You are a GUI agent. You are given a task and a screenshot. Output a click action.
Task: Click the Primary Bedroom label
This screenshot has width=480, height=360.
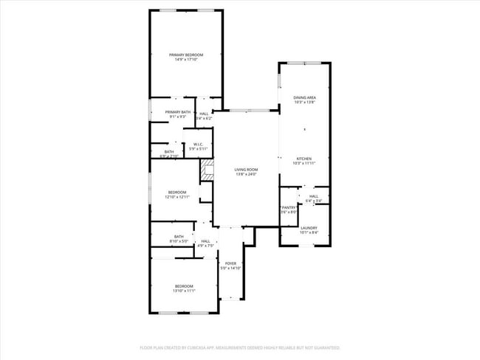(185, 55)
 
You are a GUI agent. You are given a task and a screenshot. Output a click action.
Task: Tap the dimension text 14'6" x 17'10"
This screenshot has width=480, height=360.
(185, 60)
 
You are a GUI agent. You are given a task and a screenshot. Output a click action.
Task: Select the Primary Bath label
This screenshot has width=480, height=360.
(178, 111)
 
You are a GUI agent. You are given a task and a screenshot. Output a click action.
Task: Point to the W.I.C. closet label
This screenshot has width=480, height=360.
(198, 144)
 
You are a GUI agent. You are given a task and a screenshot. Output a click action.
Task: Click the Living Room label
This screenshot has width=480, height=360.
(246, 169)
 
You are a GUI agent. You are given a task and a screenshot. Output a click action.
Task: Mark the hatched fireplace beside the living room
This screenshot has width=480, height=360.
(208, 170)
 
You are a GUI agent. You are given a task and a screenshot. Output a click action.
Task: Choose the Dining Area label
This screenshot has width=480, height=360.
(304, 97)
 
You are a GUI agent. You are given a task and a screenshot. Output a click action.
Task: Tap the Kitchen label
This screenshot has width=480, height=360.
(304, 159)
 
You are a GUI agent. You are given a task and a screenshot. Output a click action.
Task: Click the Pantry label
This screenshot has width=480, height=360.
(288, 207)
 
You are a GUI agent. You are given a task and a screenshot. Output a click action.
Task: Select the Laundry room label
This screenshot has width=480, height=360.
(309, 228)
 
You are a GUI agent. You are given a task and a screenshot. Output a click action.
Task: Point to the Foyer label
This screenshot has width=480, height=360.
(230, 263)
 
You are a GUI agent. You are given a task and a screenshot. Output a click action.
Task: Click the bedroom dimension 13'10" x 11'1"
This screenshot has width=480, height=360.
(184, 291)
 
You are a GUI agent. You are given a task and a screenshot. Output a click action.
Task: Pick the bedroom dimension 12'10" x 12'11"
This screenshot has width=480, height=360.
(177, 197)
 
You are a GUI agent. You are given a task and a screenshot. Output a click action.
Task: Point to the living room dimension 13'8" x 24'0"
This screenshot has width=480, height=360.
(246, 174)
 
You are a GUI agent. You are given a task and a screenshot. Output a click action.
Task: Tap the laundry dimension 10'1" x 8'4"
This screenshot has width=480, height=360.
(309, 233)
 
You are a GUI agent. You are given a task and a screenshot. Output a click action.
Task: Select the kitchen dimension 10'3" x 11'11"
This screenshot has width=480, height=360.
(304, 164)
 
